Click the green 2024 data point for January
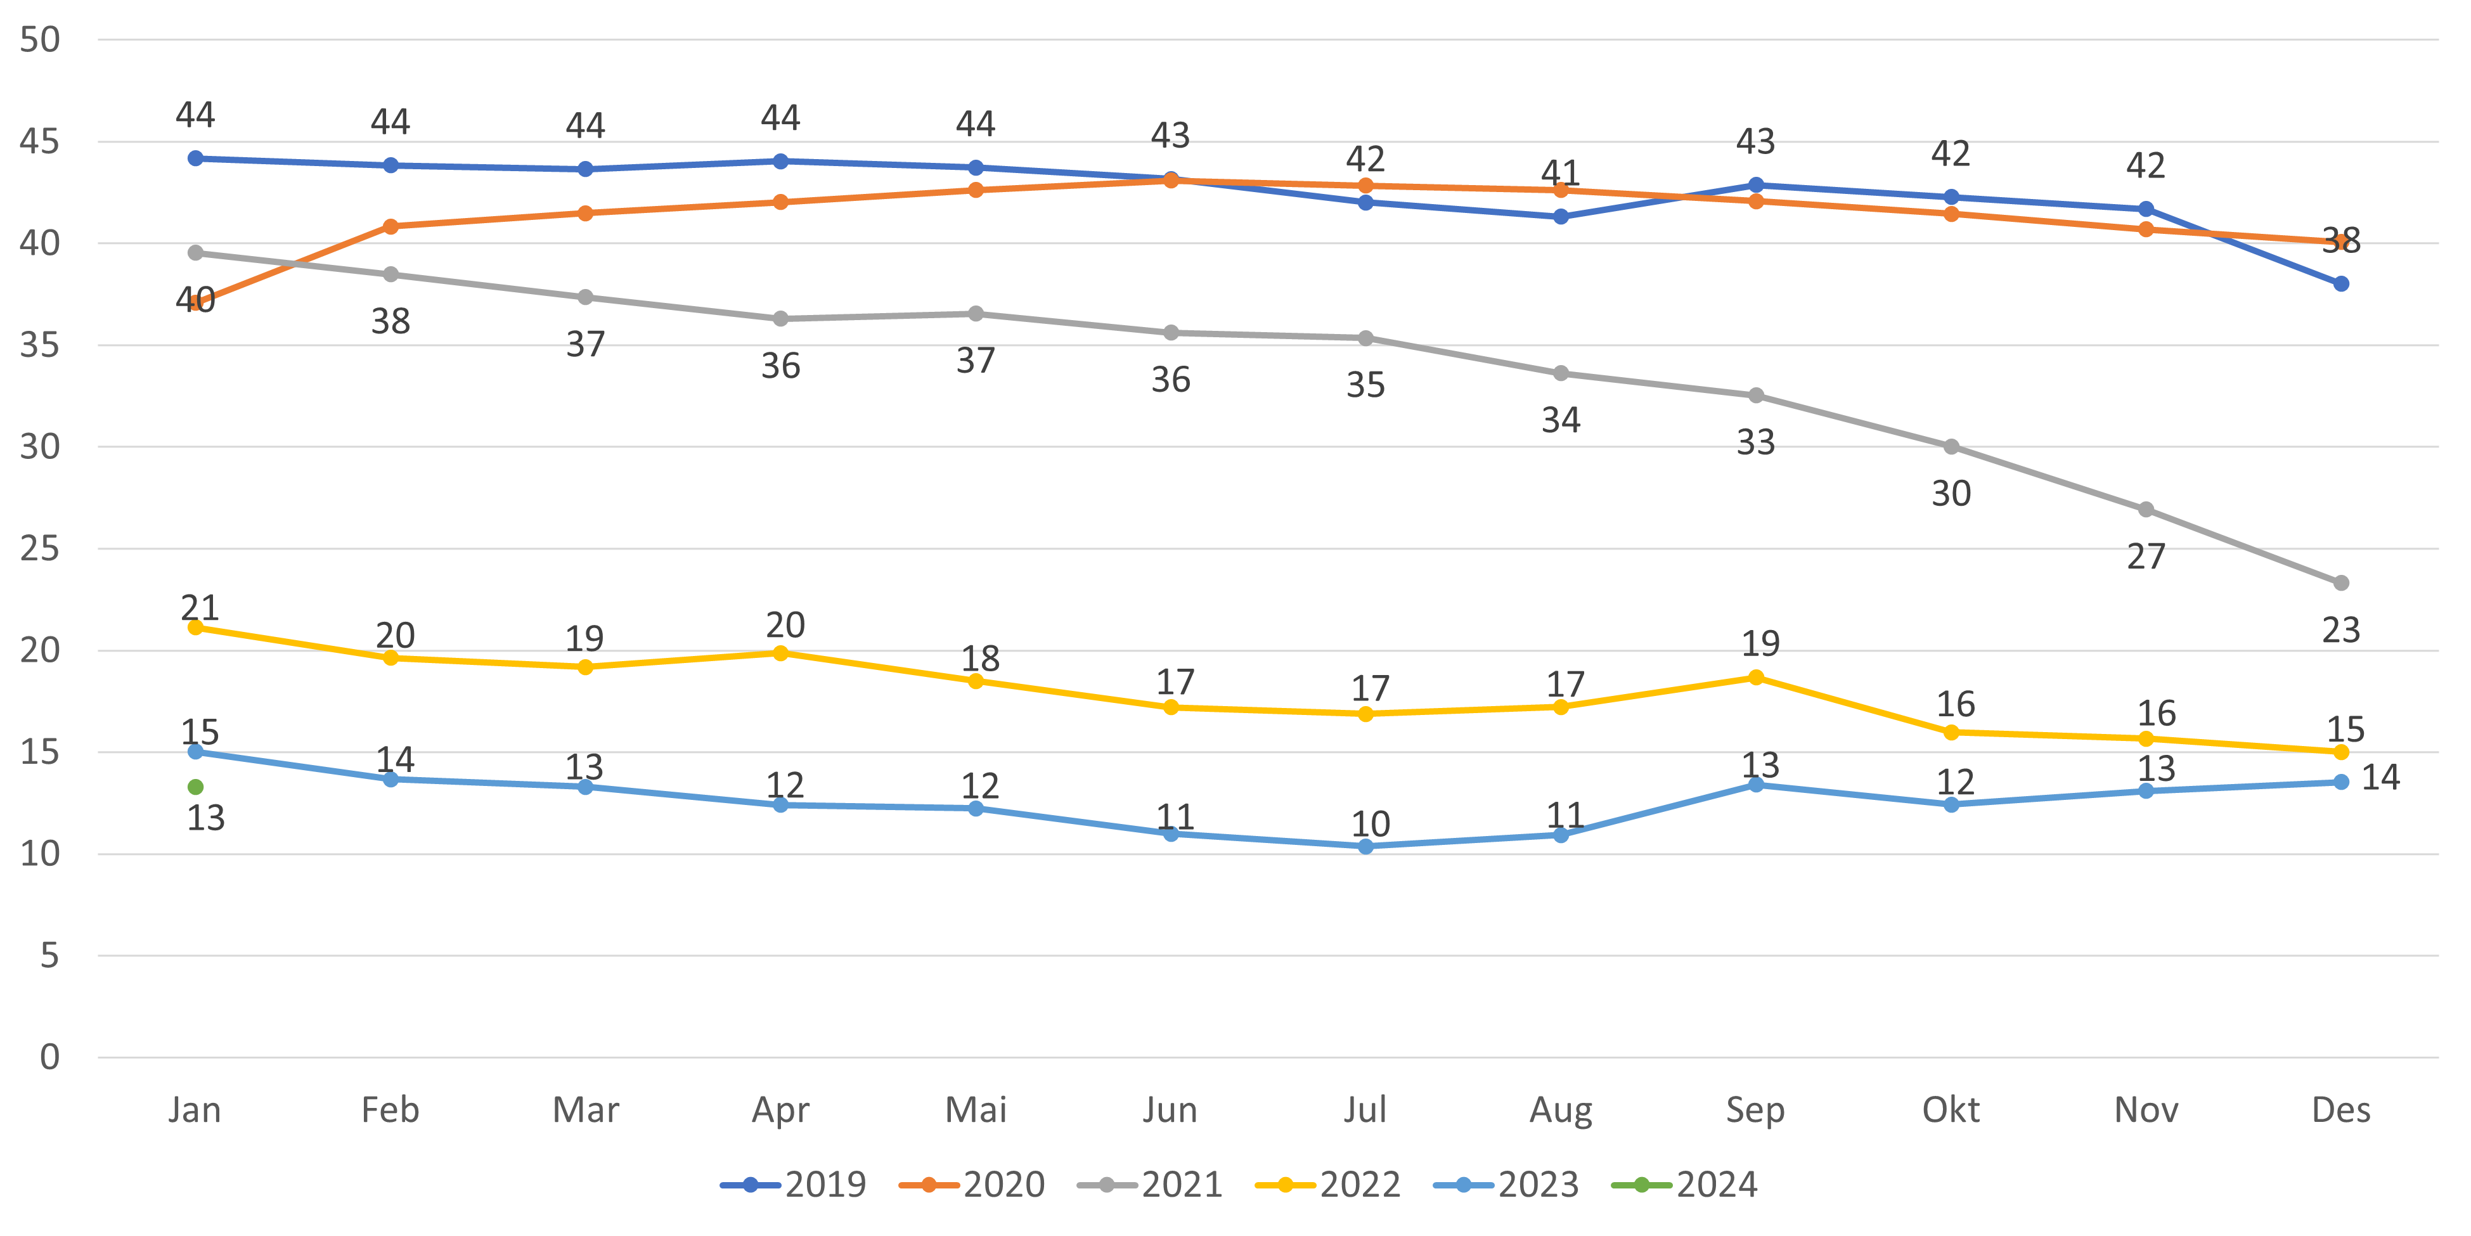[196, 787]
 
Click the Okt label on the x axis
[1950, 1110]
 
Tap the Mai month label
[976, 1110]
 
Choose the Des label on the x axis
[2340, 1110]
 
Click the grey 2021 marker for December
[2340, 583]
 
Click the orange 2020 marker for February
[390, 226]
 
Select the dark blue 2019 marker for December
[2340, 284]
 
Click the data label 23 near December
[2340, 631]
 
